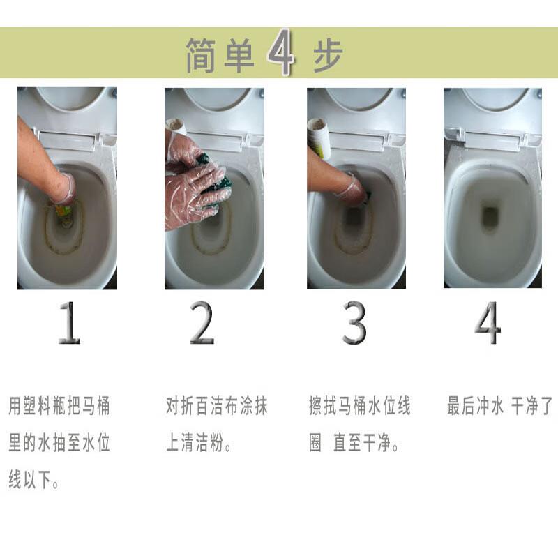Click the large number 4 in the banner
coord(281,52)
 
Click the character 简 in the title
coord(201,55)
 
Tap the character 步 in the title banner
coord(328,55)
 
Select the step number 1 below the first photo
coord(69,322)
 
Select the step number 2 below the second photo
coord(202,322)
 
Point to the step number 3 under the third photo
coord(354,322)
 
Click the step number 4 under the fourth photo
coord(488,322)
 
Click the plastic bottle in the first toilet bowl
coord(64,211)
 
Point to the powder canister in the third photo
coord(319,138)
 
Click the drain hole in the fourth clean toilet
coord(490,216)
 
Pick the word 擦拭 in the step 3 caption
coord(323,406)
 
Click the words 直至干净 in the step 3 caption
coord(362,443)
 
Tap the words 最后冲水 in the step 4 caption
coord(476,406)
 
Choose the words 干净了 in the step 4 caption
coord(532,406)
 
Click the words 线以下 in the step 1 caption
coord(29,480)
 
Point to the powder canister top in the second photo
coord(176,126)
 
